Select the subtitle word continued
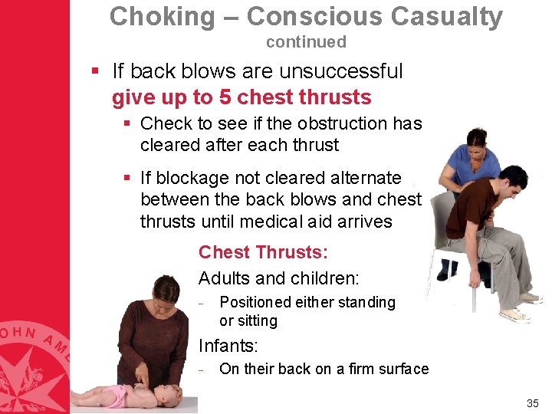point(306,42)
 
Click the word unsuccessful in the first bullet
point(340,71)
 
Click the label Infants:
point(227,346)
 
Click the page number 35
point(533,403)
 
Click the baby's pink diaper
point(119,396)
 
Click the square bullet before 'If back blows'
point(96,72)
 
